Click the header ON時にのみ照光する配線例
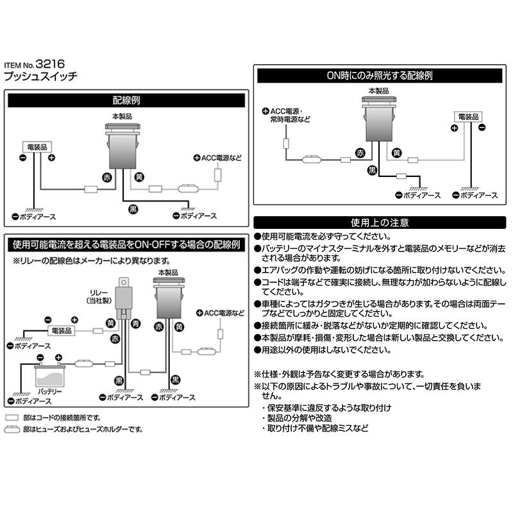379,75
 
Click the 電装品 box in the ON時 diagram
467,116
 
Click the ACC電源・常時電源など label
289,115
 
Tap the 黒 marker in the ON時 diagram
372,170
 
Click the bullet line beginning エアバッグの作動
379,271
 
